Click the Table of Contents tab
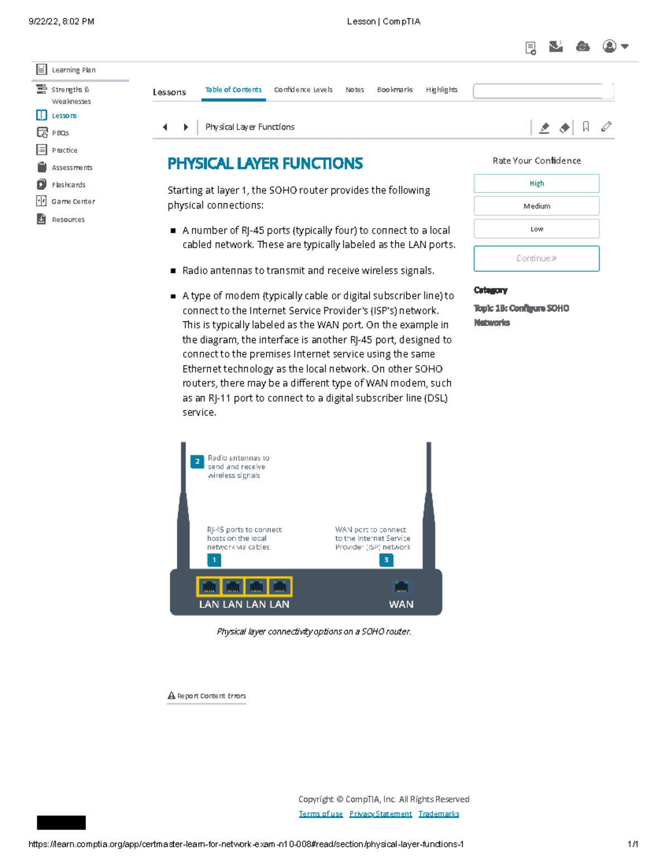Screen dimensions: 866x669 tap(233, 90)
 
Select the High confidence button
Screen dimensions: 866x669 tap(536, 183)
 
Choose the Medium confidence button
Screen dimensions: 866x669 tap(536, 206)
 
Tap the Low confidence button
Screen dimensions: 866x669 tap(536, 229)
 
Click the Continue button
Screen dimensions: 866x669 tap(536, 259)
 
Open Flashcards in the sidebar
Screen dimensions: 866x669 tap(68, 185)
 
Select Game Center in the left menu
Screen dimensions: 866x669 tap(72, 201)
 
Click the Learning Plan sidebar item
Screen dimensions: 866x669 tap(73, 70)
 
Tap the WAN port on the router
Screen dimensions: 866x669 tap(401, 587)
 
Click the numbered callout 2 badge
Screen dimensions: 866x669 tap(197, 462)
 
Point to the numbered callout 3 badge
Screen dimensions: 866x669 tap(386, 560)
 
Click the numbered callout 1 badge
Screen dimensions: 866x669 tap(214, 560)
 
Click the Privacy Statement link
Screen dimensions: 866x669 tap(380, 814)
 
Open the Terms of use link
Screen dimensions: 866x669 tap(321, 814)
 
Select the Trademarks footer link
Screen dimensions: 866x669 tap(439, 814)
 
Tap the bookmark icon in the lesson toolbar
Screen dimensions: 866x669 tap(585, 127)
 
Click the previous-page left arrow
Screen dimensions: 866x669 tap(165, 127)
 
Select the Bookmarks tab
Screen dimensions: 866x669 tap(395, 90)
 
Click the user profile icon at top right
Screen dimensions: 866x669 tap(610, 46)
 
